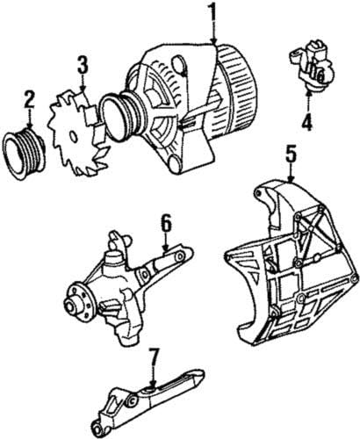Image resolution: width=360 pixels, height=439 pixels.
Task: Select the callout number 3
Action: tap(83, 64)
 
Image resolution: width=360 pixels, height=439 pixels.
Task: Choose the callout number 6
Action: tap(164, 224)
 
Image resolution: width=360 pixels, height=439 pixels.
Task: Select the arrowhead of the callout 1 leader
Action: tap(213, 45)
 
